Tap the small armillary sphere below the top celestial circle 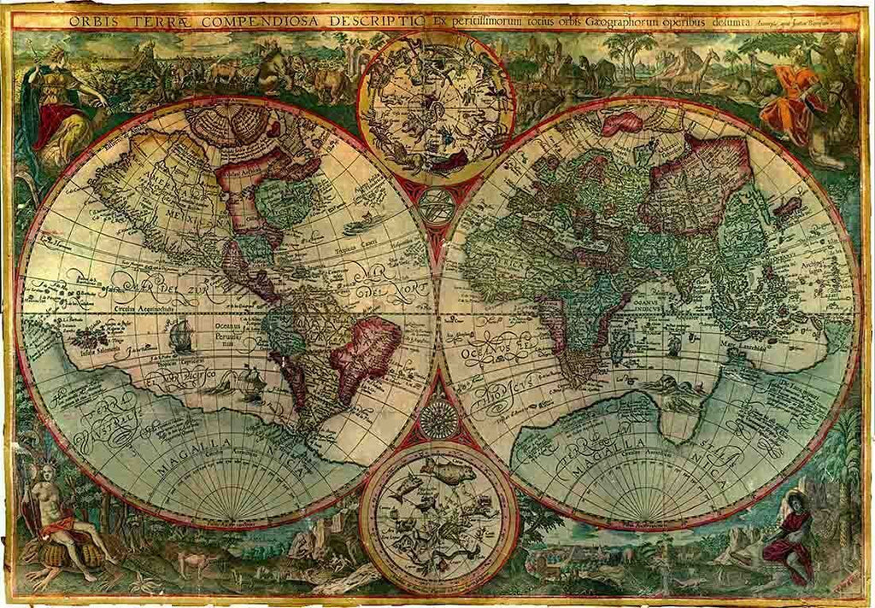coord(437,206)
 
